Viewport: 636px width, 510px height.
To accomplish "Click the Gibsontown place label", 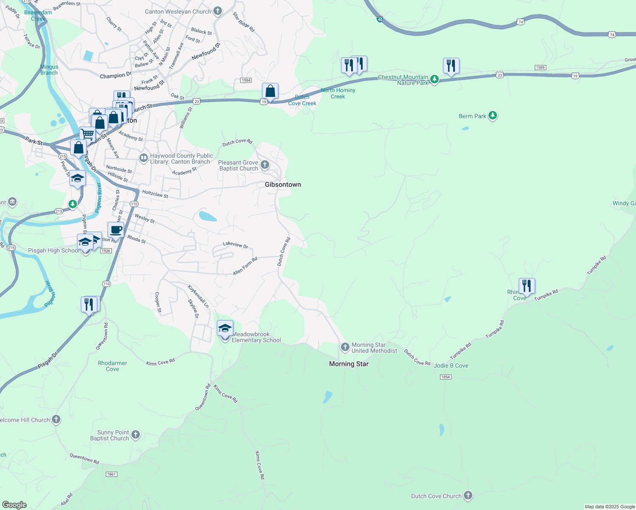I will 283,184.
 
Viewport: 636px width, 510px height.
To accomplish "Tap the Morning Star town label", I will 349,364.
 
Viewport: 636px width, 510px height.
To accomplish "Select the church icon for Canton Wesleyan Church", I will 218,11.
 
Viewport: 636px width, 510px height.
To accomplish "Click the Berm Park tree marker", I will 493,116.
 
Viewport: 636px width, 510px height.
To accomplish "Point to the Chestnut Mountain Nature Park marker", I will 434,79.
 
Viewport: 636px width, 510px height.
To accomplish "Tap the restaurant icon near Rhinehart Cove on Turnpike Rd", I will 527,286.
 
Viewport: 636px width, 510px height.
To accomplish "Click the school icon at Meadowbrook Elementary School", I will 225,329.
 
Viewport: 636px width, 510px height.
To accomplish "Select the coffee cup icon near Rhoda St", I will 116,230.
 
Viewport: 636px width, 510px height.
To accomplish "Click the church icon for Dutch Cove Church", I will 468,496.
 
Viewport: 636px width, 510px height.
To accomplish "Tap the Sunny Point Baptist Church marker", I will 136,434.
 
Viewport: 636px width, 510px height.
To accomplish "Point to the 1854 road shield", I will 445,377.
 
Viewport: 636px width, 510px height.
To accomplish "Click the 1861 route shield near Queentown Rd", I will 111,474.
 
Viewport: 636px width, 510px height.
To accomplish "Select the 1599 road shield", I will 540,68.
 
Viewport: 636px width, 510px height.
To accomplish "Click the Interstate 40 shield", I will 380,19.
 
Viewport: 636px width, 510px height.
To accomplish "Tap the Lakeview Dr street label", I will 236,245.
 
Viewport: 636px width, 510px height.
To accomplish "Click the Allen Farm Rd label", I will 245,266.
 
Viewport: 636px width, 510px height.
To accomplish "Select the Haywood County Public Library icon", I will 144,158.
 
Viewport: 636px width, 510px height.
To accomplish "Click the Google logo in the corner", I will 14,505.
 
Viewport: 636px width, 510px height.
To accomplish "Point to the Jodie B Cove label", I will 451,365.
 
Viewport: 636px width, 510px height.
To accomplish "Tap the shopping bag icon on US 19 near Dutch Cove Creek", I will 270,91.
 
